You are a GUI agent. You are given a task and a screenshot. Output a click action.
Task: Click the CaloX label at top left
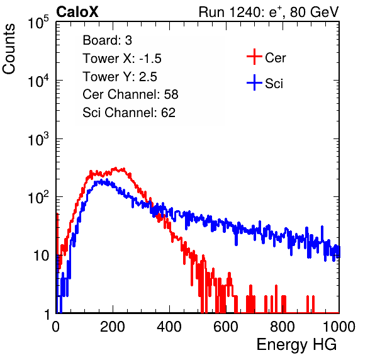77,12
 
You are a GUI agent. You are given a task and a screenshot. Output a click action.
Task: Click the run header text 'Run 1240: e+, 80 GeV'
269,12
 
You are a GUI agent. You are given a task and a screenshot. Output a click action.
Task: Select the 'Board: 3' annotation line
107,40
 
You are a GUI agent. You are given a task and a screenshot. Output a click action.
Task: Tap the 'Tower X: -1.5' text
122,59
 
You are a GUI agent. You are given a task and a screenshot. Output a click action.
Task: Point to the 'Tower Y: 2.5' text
120,77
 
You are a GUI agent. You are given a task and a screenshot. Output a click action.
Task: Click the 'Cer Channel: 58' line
130,94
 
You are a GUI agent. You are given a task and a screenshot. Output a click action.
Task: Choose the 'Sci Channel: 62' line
129,113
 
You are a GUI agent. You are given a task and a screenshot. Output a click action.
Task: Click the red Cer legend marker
254,57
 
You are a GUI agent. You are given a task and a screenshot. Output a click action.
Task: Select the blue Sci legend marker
254,83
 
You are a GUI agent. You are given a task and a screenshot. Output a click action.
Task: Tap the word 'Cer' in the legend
275,58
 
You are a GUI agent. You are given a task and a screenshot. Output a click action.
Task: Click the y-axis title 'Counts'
9,49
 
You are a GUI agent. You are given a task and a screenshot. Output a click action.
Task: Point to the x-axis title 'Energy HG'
296,345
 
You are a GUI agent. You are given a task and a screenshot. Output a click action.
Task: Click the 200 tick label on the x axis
113,327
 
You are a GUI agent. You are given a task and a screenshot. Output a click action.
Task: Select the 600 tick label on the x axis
226,327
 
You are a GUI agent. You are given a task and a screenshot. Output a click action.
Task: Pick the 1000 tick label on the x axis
339,327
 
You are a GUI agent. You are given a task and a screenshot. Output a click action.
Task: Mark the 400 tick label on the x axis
169,327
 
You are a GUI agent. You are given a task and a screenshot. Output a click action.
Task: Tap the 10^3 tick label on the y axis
38,139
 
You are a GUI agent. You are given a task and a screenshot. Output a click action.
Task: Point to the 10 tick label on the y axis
42,256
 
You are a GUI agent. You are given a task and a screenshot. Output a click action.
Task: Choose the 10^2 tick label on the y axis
38,198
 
